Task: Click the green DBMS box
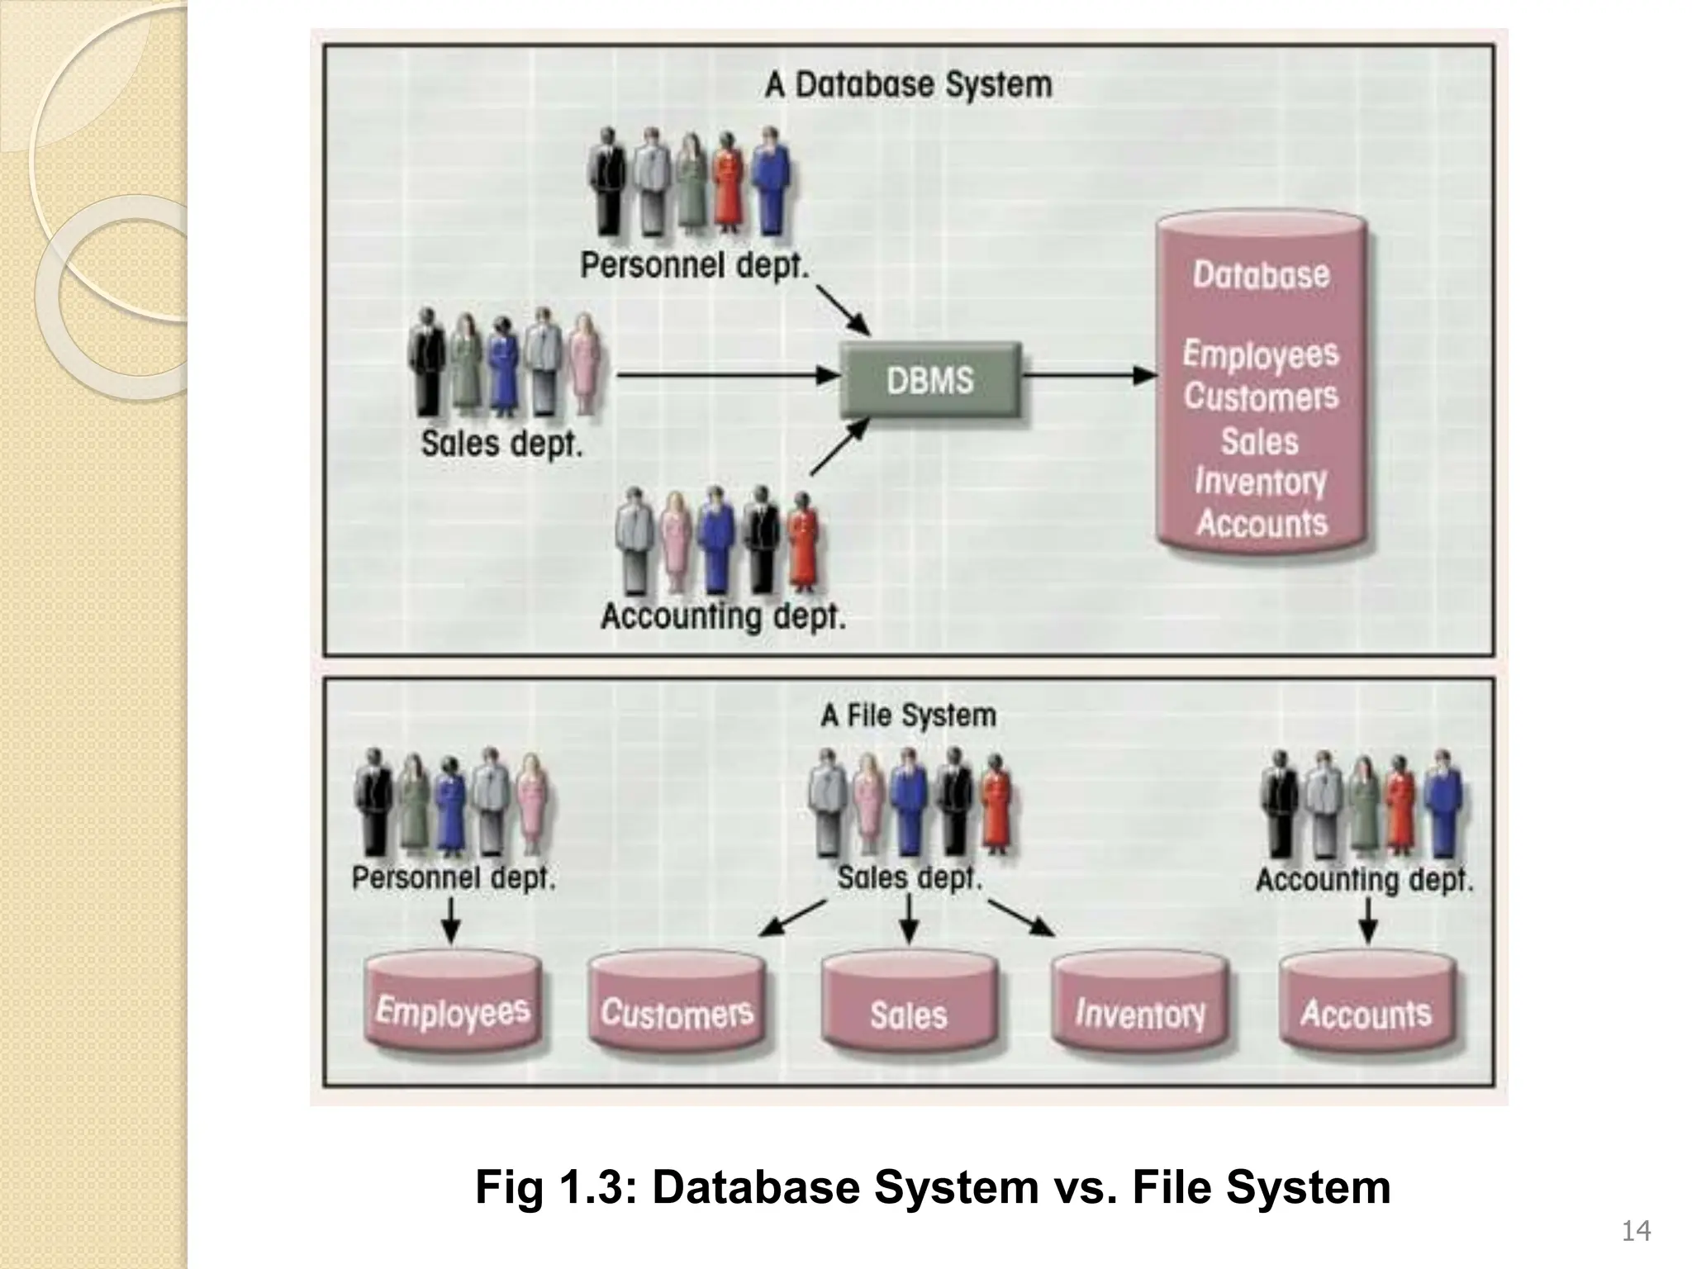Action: [x=930, y=381]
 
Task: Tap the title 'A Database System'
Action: [x=908, y=85]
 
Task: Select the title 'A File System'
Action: [x=908, y=715]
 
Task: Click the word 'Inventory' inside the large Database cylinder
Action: [x=1260, y=481]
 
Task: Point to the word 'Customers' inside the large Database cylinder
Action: [x=1260, y=397]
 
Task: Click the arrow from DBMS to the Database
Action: [x=1089, y=376]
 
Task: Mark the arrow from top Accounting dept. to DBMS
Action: [x=839, y=446]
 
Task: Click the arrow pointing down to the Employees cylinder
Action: [x=450, y=920]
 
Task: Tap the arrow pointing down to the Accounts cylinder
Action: [x=1367, y=920]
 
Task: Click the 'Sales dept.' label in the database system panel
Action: [x=501, y=444]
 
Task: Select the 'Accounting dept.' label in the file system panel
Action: [x=1364, y=880]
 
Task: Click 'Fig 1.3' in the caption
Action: [x=554, y=1188]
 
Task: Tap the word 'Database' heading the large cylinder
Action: [x=1261, y=275]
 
